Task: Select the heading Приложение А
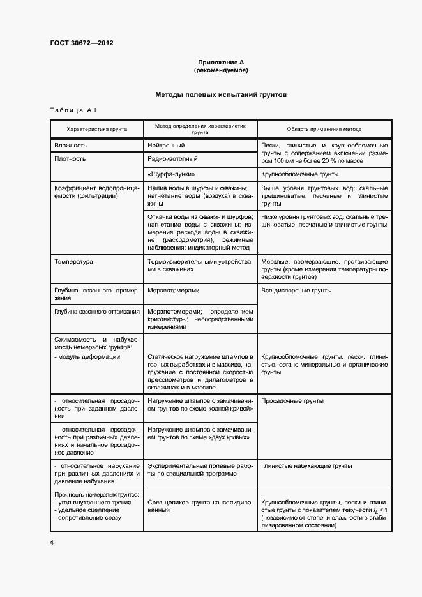[x=221, y=62]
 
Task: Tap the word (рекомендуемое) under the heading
[x=221, y=70]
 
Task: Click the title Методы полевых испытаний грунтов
[x=221, y=94]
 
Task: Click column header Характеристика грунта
[x=96, y=129]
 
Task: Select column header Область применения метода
[x=324, y=129]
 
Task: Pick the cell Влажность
[x=71, y=146]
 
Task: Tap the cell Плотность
[x=70, y=158]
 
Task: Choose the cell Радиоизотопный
[x=172, y=158]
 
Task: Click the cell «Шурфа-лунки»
[x=171, y=174]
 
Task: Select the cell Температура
[x=74, y=262]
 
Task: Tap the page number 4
[x=52, y=542]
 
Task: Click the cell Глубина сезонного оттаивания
[x=97, y=312]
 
